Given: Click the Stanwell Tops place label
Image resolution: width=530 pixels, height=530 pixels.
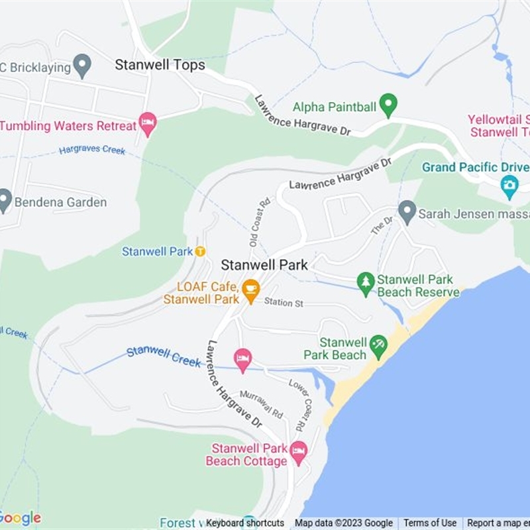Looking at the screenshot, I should tap(160, 65).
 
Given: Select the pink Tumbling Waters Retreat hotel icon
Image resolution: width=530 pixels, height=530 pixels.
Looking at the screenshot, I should tap(148, 124).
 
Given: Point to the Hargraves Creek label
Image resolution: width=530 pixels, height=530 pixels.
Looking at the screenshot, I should tap(92, 150).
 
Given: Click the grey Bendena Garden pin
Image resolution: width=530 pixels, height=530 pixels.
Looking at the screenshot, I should tap(5, 201).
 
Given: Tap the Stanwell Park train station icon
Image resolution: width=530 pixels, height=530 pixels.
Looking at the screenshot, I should tap(200, 251).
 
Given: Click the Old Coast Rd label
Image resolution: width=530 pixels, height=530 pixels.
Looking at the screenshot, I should tap(259, 223).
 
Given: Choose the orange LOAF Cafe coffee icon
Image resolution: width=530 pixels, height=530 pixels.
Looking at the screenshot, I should tap(250, 288).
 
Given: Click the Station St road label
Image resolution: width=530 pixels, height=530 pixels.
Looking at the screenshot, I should tap(284, 303).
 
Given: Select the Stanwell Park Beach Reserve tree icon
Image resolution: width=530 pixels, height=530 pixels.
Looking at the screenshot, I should tap(366, 283).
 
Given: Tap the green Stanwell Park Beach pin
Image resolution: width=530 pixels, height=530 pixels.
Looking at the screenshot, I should tap(378, 344).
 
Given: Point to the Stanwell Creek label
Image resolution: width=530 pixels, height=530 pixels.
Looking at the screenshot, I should tap(164, 356).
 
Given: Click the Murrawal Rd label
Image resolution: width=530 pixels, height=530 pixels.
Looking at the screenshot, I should tap(261, 404).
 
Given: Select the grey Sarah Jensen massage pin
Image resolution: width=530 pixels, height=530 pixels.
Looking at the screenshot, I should tap(407, 212).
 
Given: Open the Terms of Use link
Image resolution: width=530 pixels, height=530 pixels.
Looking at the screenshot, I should tap(430, 523).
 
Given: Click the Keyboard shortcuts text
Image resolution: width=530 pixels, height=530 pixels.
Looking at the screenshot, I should tap(245, 523).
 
